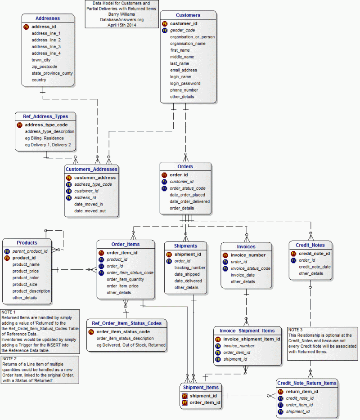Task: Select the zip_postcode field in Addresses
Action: coord(44,67)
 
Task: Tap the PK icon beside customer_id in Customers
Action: coord(165,23)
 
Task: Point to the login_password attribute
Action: coord(185,83)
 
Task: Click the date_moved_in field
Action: coord(89,204)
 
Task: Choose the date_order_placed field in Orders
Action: coord(187,195)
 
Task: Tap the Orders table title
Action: coord(185,166)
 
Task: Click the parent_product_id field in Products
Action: coord(30,251)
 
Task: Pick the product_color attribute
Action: coord(26,278)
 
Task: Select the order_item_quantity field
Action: coord(125,279)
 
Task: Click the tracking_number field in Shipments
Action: coord(190,268)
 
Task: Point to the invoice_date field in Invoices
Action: coord(243,275)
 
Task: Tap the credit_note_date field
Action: coord(315,267)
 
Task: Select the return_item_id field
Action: coord(302,391)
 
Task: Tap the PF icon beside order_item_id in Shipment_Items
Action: coord(184,402)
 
